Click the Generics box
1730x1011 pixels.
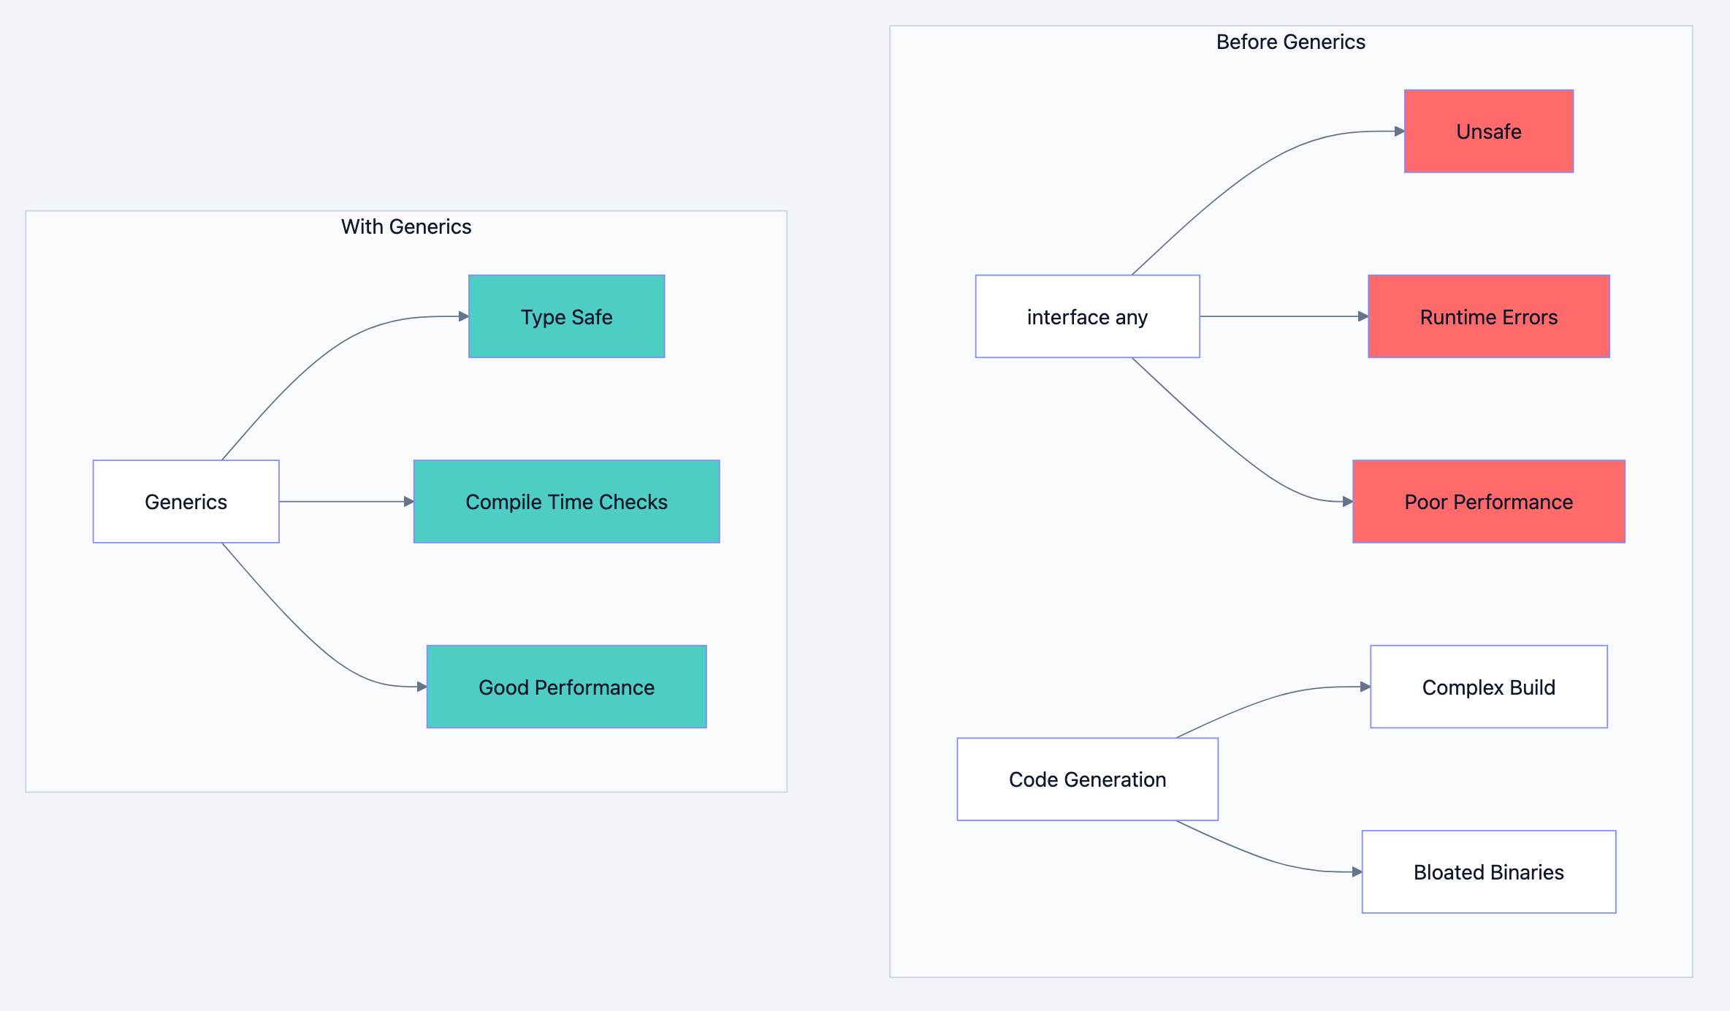tap(186, 501)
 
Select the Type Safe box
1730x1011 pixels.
tap(566, 316)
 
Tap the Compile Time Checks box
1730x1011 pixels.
tap(566, 501)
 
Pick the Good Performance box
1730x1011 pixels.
tap(566, 687)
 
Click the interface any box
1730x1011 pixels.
tap(1087, 316)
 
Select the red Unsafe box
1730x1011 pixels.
tap(1488, 131)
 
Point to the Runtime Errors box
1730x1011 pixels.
tap(1488, 316)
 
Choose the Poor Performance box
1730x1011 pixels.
tap(1488, 501)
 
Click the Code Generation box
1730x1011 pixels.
tap(1087, 779)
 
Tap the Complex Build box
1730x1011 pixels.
tap(1488, 687)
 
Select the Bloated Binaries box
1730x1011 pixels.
tap(1488, 871)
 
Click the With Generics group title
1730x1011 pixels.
tap(406, 226)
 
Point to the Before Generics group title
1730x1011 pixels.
tap(1290, 42)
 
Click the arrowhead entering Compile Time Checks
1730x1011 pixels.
tap(409, 501)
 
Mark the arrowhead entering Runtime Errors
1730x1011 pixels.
tap(1363, 316)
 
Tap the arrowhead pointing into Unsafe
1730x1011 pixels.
tap(1400, 131)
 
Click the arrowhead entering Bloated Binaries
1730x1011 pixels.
tap(1357, 871)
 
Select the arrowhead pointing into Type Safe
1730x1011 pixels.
tap(464, 316)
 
